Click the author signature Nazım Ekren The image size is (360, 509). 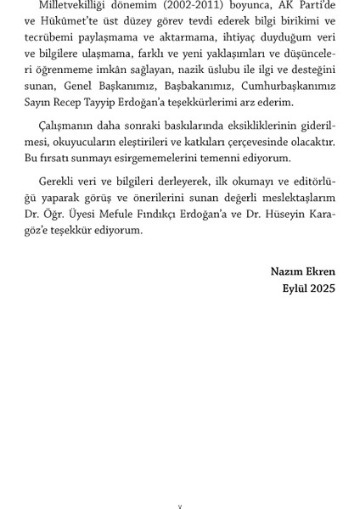click(303, 272)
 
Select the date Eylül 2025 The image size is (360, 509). click(310, 288)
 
